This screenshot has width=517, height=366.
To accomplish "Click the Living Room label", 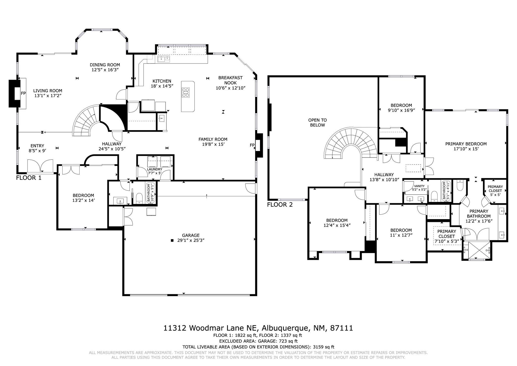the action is pos(48,91).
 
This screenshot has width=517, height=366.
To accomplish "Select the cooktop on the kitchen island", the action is pos(186,92).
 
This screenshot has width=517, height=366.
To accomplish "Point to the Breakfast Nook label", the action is pos(230,80).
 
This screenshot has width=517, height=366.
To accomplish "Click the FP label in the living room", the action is pos(23,93).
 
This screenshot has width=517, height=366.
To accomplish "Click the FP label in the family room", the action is pos(252,145).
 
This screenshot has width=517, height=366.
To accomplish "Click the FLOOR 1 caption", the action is pos(29,178).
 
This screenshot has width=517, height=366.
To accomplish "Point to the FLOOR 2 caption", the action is pos(280,204).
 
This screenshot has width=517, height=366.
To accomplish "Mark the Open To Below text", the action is pos(318,123).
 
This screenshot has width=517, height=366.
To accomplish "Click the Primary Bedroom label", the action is pos(466,144).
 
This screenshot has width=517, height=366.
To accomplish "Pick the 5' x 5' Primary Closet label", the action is pos(495,191).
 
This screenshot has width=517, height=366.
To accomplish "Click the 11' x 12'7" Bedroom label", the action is pos(401,233).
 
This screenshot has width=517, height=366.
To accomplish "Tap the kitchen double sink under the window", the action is pos(164,59).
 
